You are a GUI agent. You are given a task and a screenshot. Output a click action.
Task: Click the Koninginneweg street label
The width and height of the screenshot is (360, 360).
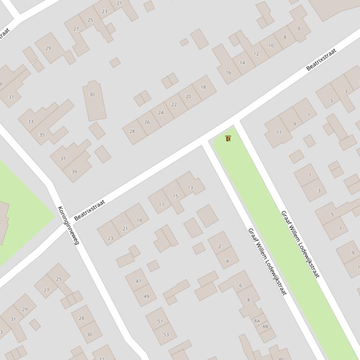coord(68,225)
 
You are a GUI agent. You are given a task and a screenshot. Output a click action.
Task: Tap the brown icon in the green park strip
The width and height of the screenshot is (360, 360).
coord(228,138)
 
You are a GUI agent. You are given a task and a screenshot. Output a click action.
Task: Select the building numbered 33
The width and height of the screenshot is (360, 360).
coord(31,122)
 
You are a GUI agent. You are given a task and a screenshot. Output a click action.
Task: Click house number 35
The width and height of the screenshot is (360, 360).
coord(42,135)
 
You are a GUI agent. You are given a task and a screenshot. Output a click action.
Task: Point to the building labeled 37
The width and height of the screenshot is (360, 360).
coord(63,158)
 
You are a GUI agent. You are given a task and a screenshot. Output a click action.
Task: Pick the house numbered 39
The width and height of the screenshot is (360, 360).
coord(74,172)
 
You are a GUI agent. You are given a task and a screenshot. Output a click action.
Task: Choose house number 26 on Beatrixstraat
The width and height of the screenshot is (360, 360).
coord(147,122)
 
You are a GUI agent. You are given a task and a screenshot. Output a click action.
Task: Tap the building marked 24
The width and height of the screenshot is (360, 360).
coord(161,113)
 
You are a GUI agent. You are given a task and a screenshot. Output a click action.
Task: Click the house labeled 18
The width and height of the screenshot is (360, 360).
coord(203,87)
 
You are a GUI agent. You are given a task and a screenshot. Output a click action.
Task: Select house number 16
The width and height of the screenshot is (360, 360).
coord(228,72)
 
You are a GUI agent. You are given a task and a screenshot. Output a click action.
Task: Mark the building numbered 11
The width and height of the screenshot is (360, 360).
coord(279,132)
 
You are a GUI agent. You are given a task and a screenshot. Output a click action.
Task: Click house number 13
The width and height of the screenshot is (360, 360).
coord(190,187)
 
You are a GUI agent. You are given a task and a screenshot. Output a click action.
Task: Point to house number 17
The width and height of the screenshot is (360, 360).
coord(162,204)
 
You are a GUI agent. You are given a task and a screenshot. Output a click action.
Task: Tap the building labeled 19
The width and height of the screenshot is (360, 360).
coord(139,221)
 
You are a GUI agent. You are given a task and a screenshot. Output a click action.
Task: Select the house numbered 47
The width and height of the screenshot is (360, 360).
coord(138,281)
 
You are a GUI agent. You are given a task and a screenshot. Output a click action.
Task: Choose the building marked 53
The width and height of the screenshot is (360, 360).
coord(166,334)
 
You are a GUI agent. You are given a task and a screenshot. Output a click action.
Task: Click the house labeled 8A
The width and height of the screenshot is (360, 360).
coord(257,321)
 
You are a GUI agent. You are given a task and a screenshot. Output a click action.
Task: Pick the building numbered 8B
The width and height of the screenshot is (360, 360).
coord(265,326)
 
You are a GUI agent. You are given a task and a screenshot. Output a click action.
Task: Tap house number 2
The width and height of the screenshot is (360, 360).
coord(220,246)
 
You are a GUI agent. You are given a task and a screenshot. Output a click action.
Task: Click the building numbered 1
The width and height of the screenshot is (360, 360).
coord(309,175)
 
